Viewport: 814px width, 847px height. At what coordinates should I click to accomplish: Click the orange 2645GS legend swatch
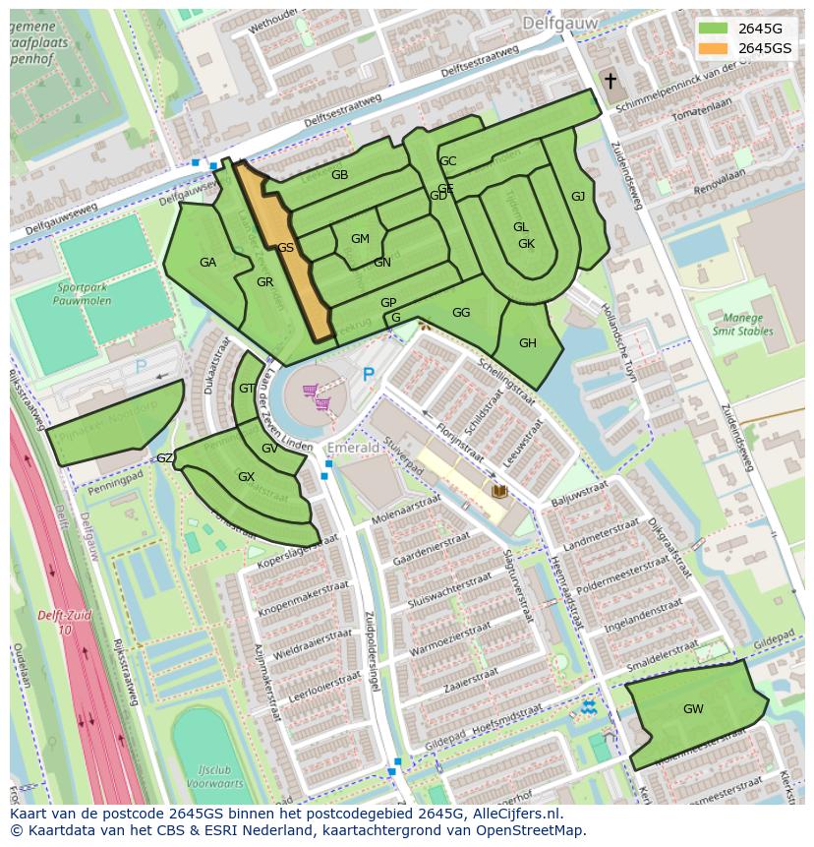tap(715, 48)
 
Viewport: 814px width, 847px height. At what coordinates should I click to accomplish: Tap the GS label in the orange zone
tap(285, 248)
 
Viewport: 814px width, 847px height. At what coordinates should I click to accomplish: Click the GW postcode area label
tap(693, 708)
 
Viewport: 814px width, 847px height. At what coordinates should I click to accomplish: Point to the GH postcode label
tap(528, 343)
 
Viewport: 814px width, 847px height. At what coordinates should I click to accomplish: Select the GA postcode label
tap(207, 263)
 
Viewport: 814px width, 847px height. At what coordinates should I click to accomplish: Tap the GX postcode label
tap(246, 477)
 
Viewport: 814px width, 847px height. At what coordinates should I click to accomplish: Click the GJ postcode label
tap(578, 197)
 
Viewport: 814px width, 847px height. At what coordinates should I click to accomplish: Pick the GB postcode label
tap(339, 175)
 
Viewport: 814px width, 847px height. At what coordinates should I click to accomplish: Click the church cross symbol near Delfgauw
tap(610, 81)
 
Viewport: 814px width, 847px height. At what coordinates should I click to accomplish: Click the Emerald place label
tap(353, 448)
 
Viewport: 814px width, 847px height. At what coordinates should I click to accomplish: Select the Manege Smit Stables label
tap(742, 325)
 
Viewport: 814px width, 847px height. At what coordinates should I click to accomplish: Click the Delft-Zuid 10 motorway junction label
tap(64, 622)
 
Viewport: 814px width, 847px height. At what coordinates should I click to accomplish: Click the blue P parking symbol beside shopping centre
tap(369, 374)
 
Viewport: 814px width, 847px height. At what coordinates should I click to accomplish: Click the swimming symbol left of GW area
tap(587, 707)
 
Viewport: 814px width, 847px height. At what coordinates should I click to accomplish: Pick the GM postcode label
tap(360, 239)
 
